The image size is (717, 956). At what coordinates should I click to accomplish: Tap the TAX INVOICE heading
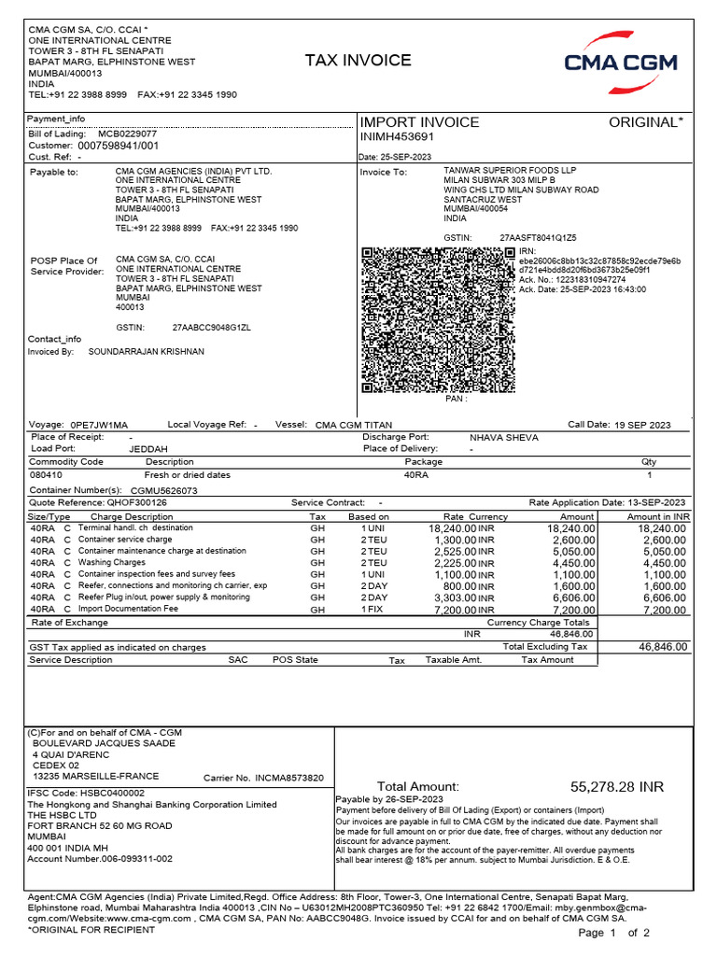pyautogui.click(x=358, y=61)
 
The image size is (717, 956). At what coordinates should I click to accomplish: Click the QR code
pyautogui.click(x=437, y=319)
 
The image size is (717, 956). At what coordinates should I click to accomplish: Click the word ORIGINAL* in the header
pyautogui.click(x=646, y=122)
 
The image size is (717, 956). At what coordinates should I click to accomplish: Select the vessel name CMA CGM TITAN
pyautogui.click(x=354, y=425)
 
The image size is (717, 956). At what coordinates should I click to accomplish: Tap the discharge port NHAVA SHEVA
pyautogui.click(x=500, y=436)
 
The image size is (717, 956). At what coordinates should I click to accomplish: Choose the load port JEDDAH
pyautogui.click(x=148, y=448)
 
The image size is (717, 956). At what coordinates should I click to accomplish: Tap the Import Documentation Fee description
pyautogui.click(x=128, y=609)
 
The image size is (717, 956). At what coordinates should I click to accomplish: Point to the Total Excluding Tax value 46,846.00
pyautogui.click(x=663, y=646)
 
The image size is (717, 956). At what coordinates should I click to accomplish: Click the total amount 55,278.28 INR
pyautogui.click(x=617, y=786)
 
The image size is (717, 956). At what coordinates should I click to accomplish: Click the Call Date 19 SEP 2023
pyautogui.click(x=642, y=425)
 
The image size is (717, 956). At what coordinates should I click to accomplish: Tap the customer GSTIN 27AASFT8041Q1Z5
pyautogui.click(x=538, y=238)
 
